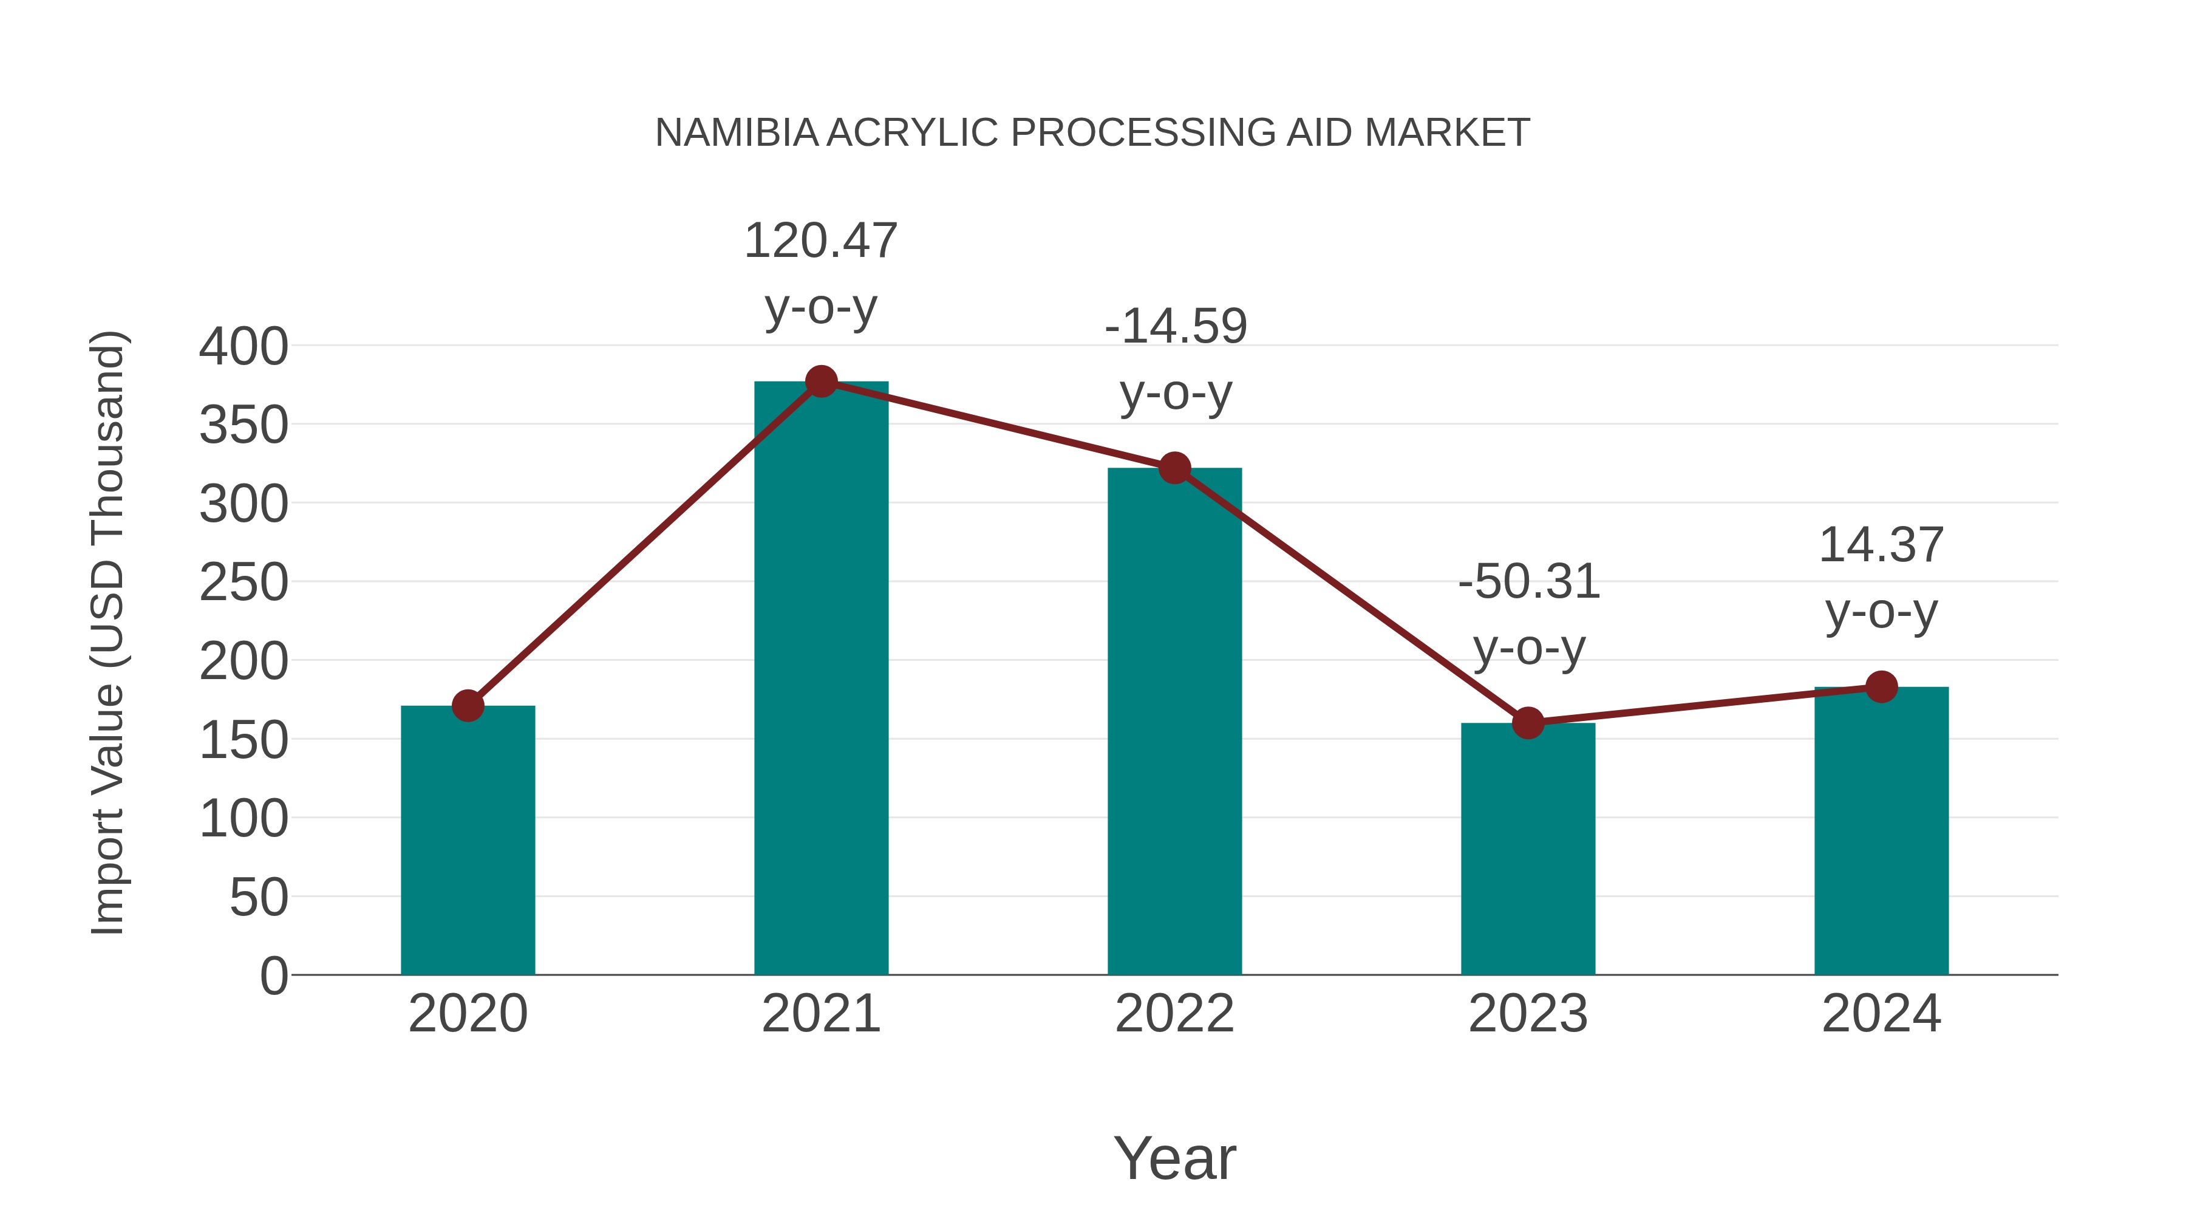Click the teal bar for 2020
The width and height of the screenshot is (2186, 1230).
coord(468,841)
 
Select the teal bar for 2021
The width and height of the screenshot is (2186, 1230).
coord(820,679)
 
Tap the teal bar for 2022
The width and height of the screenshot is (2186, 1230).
coord(1174,722)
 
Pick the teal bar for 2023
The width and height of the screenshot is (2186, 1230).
coord(1528,849)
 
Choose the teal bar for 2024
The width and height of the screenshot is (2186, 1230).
coord(1881,832)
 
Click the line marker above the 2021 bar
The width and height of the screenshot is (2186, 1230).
coord(820,382)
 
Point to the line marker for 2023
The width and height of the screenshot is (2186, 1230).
coord(1528,723)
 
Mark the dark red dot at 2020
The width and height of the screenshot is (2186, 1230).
coord(468,705)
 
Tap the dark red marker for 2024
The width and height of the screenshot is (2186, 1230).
coord(1881,687)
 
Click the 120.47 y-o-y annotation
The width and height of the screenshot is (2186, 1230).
coord(820,273)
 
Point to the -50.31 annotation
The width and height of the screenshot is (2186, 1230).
coord(1528,615)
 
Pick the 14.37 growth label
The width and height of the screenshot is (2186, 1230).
coord(1881,578)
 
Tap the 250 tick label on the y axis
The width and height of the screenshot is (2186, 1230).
coord(243,583)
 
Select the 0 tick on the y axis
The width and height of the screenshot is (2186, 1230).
coord(273,975)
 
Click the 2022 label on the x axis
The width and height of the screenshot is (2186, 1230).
coord(1174,1014)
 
